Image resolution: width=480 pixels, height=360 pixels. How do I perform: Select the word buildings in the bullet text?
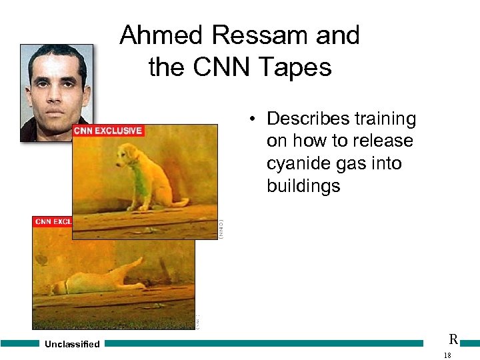coord(303,186)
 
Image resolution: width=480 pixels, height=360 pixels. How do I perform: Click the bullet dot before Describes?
coord(254,120)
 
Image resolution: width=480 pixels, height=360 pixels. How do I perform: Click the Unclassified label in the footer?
coord(72,344)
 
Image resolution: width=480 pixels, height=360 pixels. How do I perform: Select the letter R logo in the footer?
coord(453,339)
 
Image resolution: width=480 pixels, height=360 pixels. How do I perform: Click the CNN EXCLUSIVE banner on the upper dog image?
coord(107,131)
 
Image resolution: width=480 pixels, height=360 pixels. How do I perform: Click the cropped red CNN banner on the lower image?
coord(52,221)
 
